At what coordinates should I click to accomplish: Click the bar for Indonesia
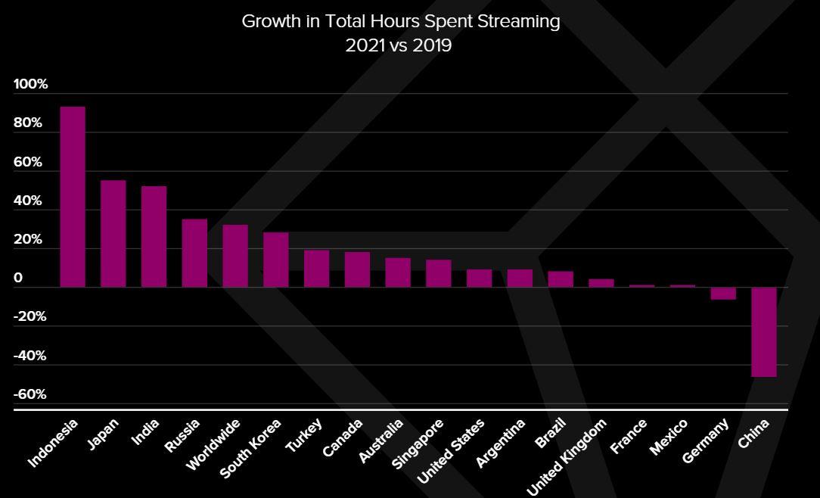(73, 197)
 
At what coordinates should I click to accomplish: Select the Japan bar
(113, 234)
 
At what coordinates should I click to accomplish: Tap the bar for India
(154, 237)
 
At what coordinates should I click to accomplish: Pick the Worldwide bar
(235, 256)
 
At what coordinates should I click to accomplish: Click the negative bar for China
(764, 331)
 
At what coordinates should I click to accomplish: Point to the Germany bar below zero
(723, 294)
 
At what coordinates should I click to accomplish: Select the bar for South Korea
(276, 260)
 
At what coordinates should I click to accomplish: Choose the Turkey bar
(316, 269)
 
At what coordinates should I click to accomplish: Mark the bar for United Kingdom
(601, 283)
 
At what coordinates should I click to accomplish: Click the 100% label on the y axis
(30, 84)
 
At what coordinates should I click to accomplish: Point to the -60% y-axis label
(30, 394)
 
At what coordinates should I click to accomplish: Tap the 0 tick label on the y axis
(18, 278)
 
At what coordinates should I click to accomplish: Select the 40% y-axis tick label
(28, 201)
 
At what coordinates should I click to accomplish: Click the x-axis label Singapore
(418, 444)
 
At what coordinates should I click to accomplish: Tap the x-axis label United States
(451, 451)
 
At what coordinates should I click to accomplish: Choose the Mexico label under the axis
(669, 437)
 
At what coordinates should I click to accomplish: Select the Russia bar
(194, 253)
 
